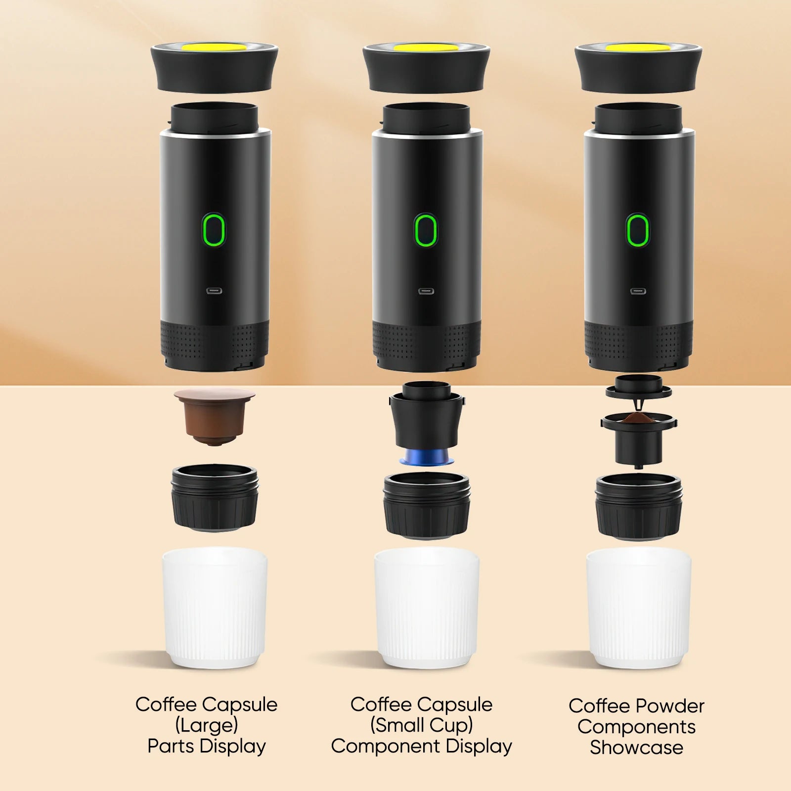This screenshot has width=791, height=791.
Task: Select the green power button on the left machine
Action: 214,230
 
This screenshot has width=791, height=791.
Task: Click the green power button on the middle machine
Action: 426,230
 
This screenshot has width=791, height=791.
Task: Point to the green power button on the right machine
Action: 638,230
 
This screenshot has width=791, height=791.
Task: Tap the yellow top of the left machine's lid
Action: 214,47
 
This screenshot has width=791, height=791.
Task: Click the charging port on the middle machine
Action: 426,291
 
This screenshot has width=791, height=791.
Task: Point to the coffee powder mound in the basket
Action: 638,419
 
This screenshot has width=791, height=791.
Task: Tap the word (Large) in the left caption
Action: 207,725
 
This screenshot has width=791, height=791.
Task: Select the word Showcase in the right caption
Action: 636,747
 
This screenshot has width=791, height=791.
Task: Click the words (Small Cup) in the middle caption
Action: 422,725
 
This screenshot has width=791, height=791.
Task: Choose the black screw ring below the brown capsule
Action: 215,497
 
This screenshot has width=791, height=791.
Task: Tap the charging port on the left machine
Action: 214,291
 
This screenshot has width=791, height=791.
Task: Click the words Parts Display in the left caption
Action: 207,746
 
